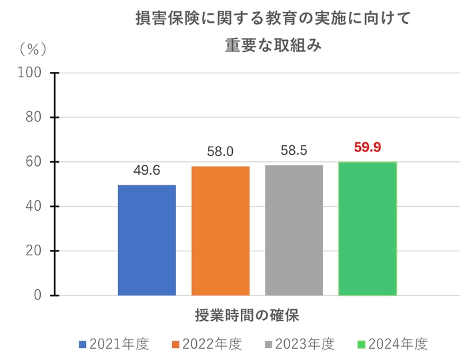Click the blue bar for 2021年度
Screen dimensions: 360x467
[147, 240]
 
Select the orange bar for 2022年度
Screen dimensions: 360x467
[220, 231]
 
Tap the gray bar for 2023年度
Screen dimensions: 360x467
[294, 230]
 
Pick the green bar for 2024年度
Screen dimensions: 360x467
[368, 229]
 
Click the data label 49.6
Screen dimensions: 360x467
[147, 171]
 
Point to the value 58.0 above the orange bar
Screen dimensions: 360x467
[220, 152]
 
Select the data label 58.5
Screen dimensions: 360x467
[294, 151]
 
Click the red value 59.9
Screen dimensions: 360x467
[368, 147]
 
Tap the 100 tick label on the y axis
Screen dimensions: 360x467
[31, 73]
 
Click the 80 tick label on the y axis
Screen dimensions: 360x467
[34, 117]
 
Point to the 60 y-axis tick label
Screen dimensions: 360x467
[34, 162]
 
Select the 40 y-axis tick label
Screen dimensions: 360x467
[34, 207]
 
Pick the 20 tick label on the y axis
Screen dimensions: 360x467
[34, 251]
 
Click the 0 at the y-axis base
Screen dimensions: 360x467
[38, 295]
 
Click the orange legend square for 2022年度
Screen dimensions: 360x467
[176, 345]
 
